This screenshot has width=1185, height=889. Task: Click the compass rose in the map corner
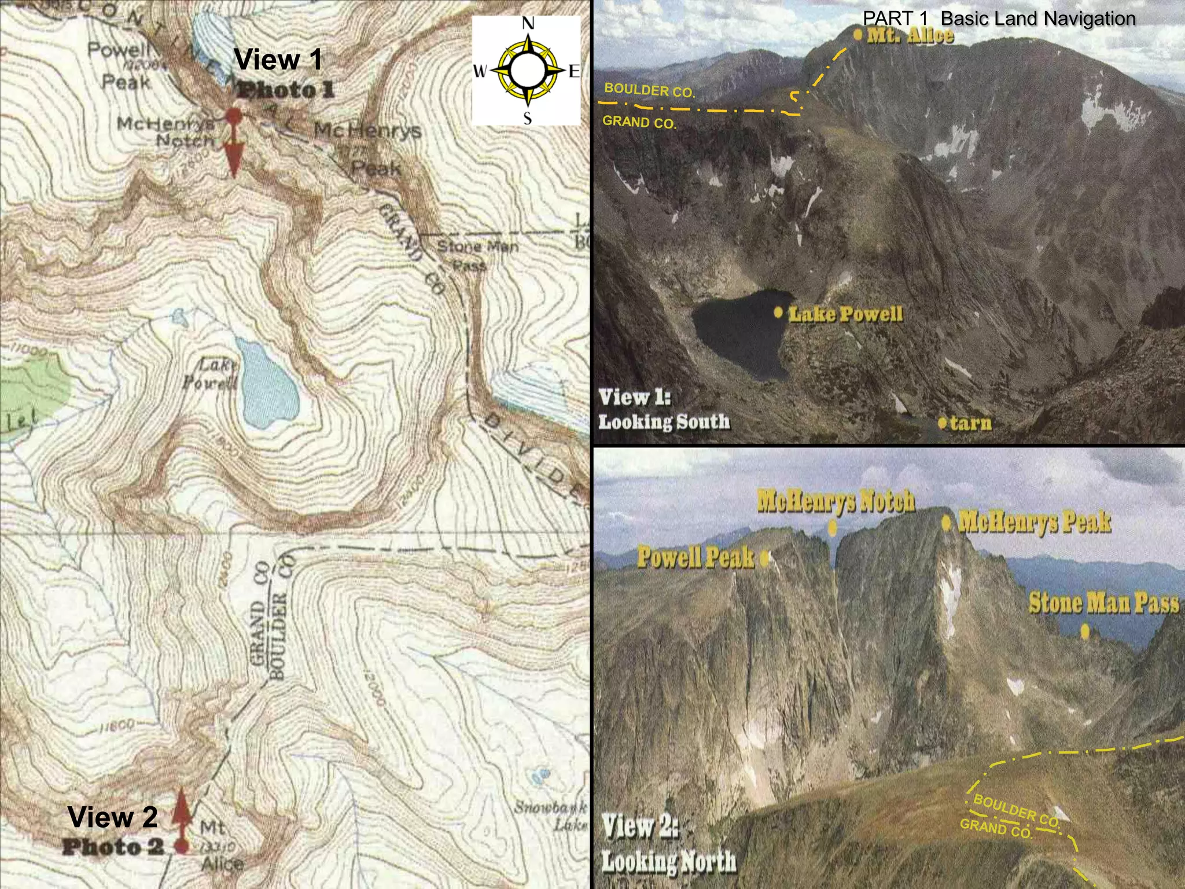click(x=527, y=71)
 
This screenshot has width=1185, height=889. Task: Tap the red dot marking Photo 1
click(x=233, y=116)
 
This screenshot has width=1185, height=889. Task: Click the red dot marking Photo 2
click(x=182, y=846)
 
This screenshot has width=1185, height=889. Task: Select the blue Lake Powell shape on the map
click(x=267, y=384)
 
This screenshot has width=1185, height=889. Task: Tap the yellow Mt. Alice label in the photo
click(x=910, y=35)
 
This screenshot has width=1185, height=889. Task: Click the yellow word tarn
click(x=970, y=423)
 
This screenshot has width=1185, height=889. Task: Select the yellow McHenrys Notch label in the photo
click(x=836, y=501)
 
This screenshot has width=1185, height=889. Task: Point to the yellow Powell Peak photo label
click(x=696, y=557)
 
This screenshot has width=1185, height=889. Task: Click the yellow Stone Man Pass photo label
click(x=1103, y=603)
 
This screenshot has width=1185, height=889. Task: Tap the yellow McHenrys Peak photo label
click(x=1035, y=522)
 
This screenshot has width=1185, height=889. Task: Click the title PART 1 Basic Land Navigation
click(x=999, y=19)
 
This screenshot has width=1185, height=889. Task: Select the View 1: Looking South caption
click(x=664, y=409)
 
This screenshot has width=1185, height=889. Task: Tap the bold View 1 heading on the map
click(x=278, y=60)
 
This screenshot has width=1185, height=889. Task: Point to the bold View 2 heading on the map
click(x=112, y=817)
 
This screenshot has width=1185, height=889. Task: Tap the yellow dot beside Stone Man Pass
click(x=1085, y=631)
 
